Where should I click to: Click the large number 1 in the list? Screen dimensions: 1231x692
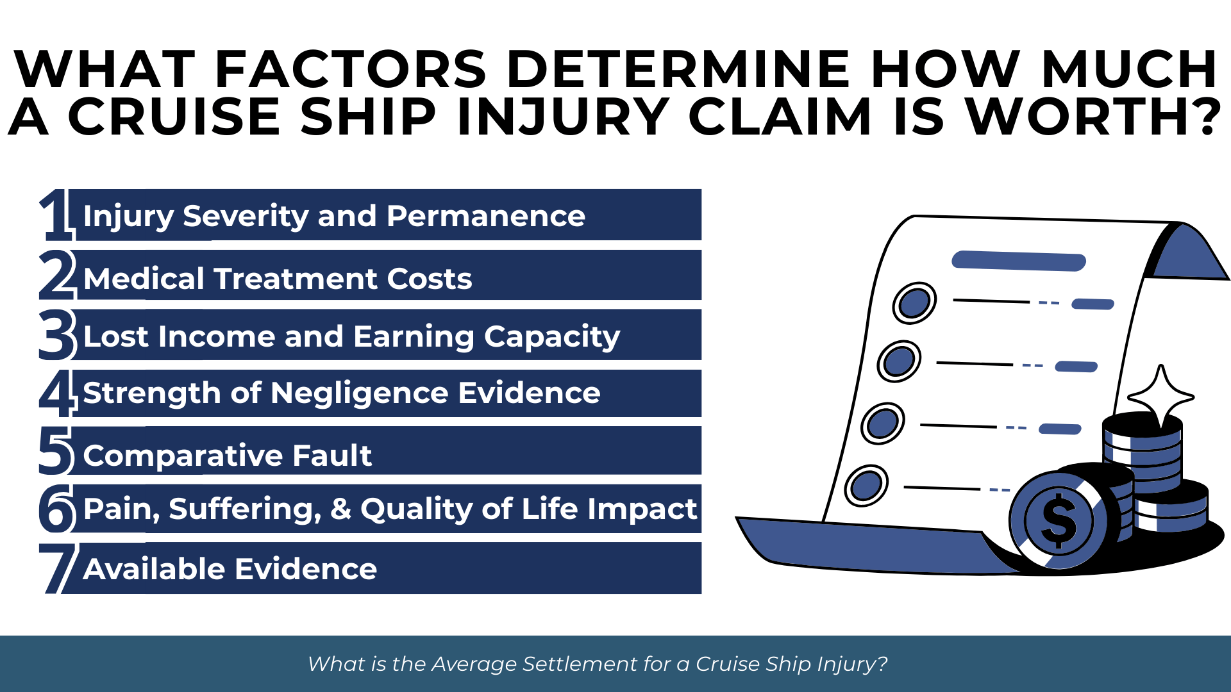pyautogui.click(x=56, y=215)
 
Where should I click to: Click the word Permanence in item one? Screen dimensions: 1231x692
pyautogui.click(x=486, y=216)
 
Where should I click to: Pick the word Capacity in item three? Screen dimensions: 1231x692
pyautogui.click(x=552, y=338)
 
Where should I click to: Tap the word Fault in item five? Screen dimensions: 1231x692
pyautogui.click(x=332, y=456)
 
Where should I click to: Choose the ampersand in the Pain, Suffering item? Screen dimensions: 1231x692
pyautogui.click(x=340, y=509)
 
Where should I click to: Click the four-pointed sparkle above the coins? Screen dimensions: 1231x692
pyautogui.click(x=1161, y=397)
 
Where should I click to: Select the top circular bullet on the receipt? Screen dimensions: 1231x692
pyautogui.click(x=914, y=302)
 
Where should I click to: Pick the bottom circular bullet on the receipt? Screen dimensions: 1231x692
pyautogui.click(x=866, y=485)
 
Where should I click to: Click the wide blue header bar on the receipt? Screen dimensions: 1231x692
pyautogui.click(x=1019, y=261)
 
